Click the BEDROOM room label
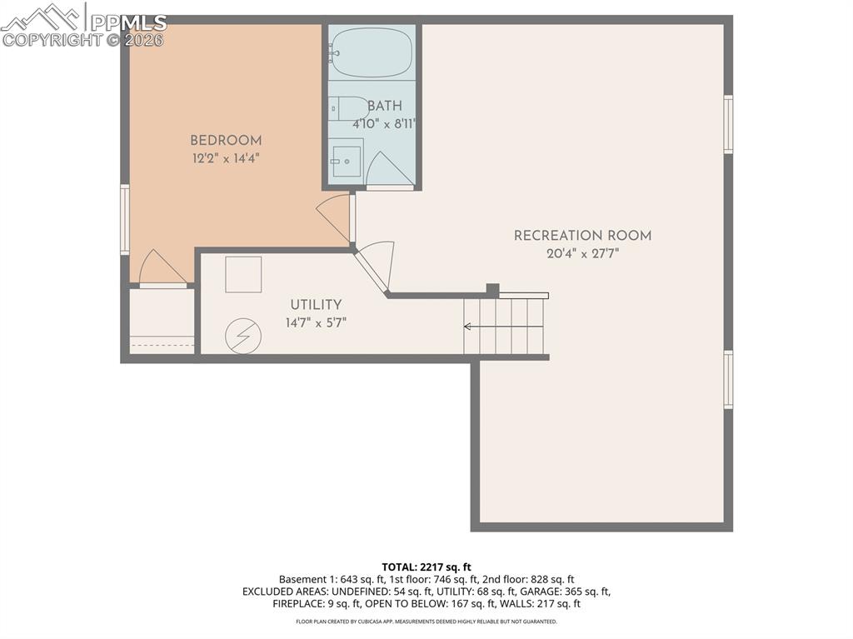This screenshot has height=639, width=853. point(225,141)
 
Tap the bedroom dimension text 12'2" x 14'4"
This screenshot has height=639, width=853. point(225,158)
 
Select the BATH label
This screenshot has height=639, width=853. point(384,106)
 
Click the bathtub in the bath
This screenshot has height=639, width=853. point(372,52)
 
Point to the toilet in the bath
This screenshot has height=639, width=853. point(347,108)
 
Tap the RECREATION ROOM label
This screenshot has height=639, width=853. point(582,236)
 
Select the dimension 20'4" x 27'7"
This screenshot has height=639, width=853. point(582,253)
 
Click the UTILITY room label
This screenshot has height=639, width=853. point(316,305)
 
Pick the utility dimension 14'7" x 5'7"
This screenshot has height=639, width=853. point(316,322)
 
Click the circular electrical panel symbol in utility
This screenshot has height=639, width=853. point(243,337)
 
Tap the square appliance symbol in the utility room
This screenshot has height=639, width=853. point(243,274)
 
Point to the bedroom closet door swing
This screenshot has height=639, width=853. point(161,268)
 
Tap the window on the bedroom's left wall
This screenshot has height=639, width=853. point(125,219)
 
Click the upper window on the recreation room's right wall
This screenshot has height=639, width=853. point(728,124)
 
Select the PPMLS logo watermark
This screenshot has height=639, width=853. point(83,25)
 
